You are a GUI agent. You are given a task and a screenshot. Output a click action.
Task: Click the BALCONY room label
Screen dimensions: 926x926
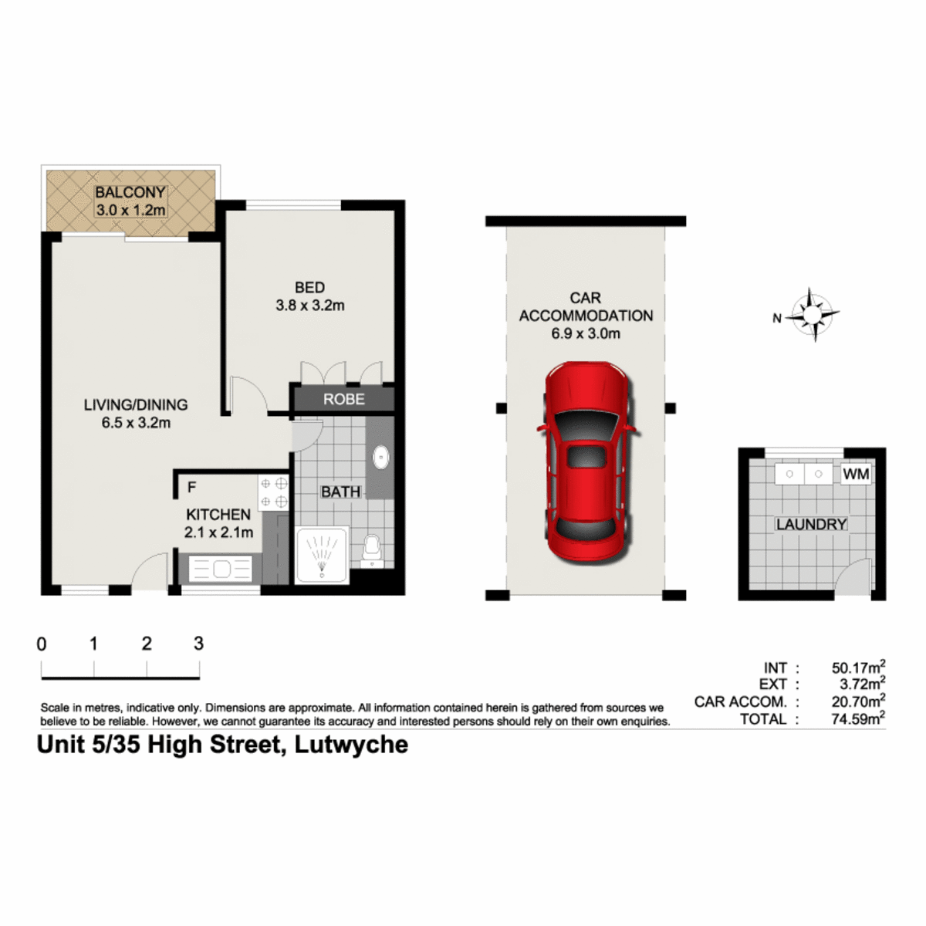tap(130, 192)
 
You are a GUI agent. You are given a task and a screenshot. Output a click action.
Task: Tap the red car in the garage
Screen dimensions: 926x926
tap(586, 462)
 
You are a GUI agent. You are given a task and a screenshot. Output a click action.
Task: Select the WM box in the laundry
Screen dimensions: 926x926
tap(856, 474)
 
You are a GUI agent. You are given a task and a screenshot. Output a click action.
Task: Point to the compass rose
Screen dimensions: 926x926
tap(813, 315)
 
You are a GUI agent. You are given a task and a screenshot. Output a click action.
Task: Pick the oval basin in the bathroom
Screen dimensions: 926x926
tap(381, 457)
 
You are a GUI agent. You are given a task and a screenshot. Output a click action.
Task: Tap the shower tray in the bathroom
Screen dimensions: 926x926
tap(322, 556)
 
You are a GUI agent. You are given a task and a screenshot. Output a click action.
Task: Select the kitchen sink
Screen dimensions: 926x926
tap(221, 569)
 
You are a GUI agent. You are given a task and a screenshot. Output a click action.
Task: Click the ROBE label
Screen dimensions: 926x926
tap(343, 399)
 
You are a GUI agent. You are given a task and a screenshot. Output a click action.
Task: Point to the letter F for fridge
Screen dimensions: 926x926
tap(191, 487)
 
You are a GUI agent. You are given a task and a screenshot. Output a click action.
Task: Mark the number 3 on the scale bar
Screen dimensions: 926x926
tap(198, 643)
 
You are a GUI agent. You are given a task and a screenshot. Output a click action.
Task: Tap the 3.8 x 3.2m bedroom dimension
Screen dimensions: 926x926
tap(310, 305)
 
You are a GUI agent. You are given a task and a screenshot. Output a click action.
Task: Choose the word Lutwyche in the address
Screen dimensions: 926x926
tap(351, 745)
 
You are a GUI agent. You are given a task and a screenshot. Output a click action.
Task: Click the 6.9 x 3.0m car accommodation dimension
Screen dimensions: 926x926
tap(586, 333)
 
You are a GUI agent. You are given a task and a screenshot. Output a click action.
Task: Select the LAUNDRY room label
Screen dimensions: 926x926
tap(811, 524)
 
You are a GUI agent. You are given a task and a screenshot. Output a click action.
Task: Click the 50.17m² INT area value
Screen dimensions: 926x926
tap(858, 667)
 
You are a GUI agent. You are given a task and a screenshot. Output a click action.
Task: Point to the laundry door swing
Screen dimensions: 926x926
tap(853, 576)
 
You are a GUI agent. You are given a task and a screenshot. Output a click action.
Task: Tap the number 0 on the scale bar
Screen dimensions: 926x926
tap(42, 644)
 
